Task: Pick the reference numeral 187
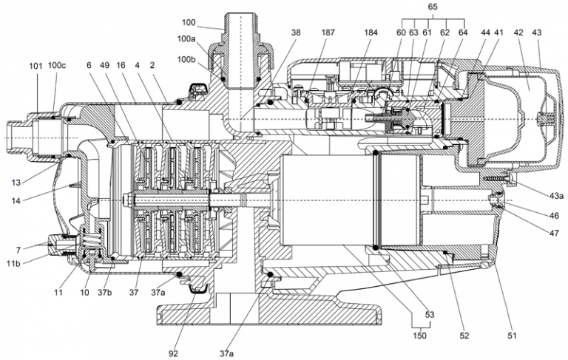click(x=328, y=33)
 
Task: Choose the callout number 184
click(x=371, y=33)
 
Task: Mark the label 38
click(x=295, y=33)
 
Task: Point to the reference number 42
click(x=518, y=33)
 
